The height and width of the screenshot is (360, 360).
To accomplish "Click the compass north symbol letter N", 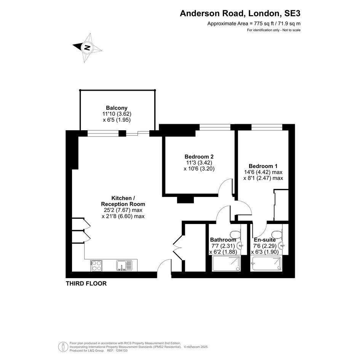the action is tap(87, 48).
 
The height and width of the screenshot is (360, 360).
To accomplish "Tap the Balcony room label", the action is tap(117, 108).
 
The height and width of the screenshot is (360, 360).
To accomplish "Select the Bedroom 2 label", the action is tap(199, 157).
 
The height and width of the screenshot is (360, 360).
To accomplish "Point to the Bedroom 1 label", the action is tap(263, 166).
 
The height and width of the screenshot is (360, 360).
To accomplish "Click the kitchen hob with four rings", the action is tap(96, 266).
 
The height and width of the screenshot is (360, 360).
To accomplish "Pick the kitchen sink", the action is tap(124, 266).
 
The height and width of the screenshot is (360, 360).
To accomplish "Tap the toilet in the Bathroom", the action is tap(235, 234).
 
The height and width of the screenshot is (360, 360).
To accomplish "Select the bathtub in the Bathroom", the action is tap(227, 263).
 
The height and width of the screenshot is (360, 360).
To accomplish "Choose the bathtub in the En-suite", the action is tap(267, 263).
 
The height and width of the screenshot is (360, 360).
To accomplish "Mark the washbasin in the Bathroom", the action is tap(240, 246).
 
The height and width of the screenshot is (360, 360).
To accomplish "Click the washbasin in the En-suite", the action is tap(282, 246).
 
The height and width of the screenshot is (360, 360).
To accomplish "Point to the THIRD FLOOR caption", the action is tap(86, 283).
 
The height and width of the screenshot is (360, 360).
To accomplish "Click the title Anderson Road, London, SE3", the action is tap(240, 13).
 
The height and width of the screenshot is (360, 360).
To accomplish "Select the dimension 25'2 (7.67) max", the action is tap(122, 210).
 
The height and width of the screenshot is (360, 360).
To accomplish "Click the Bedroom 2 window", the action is tap(215, 127).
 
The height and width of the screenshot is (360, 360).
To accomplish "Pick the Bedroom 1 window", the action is tap(267, 127).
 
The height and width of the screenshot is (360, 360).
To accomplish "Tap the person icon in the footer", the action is tap(63, 347).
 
